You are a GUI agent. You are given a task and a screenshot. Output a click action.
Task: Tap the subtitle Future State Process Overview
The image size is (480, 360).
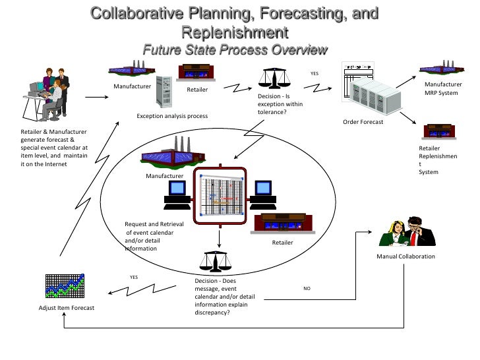tap(235, 50)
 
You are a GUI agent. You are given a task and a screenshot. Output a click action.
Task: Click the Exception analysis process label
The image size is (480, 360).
tap(172, 116)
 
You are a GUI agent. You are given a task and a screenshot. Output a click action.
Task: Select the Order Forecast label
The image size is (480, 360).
tap(363, 122)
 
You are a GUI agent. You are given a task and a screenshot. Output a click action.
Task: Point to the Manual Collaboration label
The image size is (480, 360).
tap(405, 256)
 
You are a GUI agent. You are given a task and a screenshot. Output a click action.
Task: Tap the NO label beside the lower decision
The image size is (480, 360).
tap(307, 288)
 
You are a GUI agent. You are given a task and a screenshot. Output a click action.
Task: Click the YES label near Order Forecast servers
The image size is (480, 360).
tap(315, 74)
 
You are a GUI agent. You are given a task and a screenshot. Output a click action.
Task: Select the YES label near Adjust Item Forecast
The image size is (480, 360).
tap(133, 277)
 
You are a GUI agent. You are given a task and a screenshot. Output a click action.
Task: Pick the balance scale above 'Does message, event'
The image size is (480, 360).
tap(214, 261)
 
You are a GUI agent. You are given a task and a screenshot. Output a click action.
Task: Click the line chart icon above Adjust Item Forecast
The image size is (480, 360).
tap(66, 286)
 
